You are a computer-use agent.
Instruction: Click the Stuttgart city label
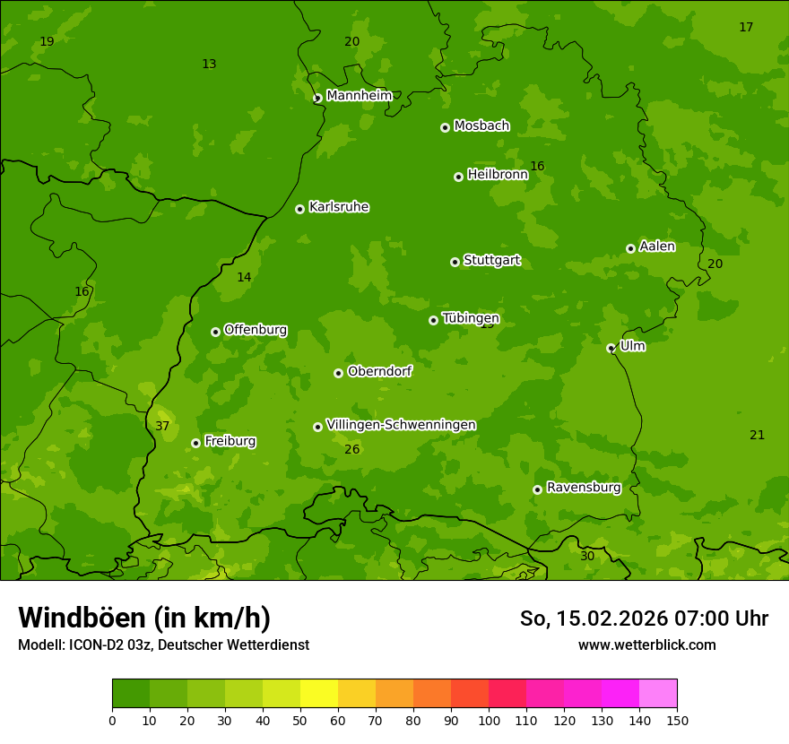point(491,260)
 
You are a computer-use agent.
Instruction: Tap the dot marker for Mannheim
point(317,99)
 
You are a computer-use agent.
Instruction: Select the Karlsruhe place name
point(339,207)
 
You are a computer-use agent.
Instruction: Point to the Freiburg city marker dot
point(195,443)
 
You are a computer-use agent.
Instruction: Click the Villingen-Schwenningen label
point(401,425)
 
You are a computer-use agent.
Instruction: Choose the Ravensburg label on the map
point(584,488)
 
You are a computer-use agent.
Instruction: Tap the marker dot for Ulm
point(611,348)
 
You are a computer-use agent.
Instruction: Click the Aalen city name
point(657,247)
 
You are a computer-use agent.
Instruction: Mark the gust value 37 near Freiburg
point(162,426)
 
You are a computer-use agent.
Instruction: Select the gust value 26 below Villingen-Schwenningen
point(352,449)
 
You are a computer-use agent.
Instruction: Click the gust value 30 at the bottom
point(587,556)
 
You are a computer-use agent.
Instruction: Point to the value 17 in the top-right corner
point(746,27)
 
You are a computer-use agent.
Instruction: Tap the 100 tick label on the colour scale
point(489,720)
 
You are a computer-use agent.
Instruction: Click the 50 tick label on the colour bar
point(300,720)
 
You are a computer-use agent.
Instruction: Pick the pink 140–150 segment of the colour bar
point(658,694)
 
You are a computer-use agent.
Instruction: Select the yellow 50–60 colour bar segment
point(319,694)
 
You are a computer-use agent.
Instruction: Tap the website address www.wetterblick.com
point(646,645)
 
